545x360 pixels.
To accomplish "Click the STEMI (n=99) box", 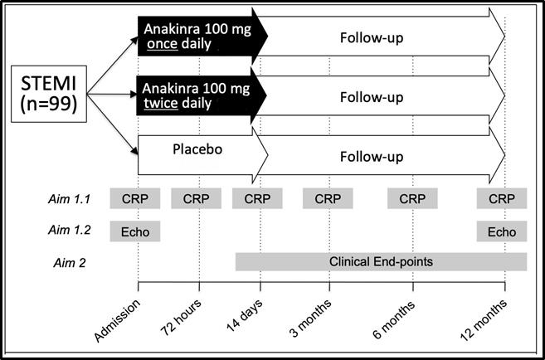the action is [49, 94].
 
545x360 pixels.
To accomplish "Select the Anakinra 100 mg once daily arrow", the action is [202, 36].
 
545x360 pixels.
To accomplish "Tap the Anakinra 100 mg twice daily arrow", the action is [202, 95].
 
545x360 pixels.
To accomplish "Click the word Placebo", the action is [197, 149].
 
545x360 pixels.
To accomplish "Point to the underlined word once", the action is [163, 44].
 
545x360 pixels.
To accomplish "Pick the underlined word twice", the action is [161, 103].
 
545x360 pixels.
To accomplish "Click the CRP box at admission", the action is [135, 198].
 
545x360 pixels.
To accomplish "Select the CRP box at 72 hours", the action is [196, 198].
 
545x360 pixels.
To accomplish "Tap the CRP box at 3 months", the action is [328, 198].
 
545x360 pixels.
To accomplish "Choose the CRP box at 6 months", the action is [412, 198].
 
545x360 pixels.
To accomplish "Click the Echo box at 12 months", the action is [502, 231].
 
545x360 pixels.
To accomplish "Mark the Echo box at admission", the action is [135, 231].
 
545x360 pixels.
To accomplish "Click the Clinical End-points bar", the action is [382, 261].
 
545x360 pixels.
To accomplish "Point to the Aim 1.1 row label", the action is [69, 198].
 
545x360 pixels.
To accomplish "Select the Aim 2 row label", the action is [69, 263].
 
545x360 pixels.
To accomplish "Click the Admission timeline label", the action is [118, 320].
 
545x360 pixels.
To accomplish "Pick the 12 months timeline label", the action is [484, 319].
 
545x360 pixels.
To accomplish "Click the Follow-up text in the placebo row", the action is [372, 157].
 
